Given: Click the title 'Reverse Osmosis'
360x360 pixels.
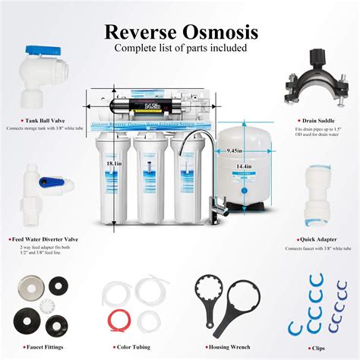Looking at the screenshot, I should point(181,32).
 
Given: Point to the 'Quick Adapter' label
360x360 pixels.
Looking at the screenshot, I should point(311,239).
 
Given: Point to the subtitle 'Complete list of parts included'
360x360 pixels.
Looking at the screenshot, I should point(180,48).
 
